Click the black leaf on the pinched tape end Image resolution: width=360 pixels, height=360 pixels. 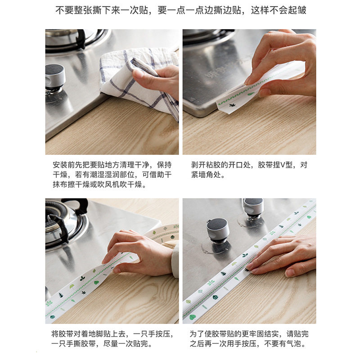[232, 105]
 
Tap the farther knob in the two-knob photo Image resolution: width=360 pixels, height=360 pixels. [253, 208]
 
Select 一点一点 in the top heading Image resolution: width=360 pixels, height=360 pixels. [185, 10]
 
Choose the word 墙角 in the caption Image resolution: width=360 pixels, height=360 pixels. [206, 175]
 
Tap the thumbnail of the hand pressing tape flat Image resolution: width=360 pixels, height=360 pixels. [249, 261]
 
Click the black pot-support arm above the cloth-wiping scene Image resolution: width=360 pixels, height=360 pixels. [81, 39]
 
